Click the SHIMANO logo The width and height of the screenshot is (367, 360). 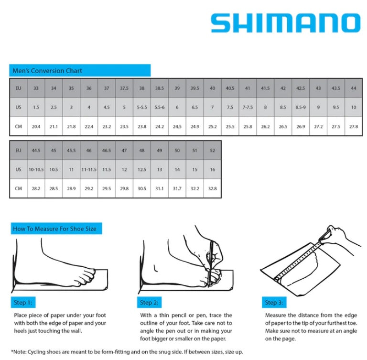pyautogui.click(x=285, y=23)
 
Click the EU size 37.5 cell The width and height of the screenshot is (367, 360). pyautogui.click(x=124, y=88)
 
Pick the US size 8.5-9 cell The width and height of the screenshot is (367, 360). pyautogui.click(x=301, y=108)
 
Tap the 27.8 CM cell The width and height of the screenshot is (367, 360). pyautogui.click(x=354, y=127)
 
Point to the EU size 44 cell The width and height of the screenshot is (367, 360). pyautogui.click(x=354, y=88)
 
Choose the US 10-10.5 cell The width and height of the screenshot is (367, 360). pyautogui.click(x=36, y=169)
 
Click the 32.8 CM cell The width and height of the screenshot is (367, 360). pyautogui.click(x=212, y=188)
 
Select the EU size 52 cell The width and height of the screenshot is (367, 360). pyautogui.click(x=212, y=150)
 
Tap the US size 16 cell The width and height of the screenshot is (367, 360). pyautogui.click(x=212, y=169)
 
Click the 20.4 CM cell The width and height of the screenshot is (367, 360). pyautogui.click(x=36, y=127)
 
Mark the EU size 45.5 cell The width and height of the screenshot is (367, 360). pyautogui.click(x=71, y=150)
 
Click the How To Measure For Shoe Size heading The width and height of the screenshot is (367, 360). pyautogui.click(x=55, y=229)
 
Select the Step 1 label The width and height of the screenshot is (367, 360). pyautogui.click(x=22, y=303)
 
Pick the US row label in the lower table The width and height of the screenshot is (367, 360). pyautogui.click(x=18, y=169)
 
